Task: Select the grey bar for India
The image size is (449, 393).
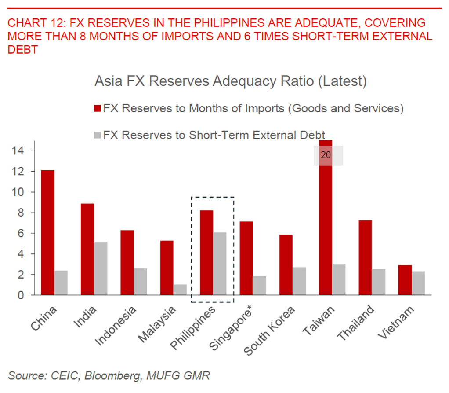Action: coord(101,268)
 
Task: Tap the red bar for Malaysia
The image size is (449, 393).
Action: coord(167,268)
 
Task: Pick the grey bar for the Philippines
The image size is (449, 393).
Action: coord(220,263)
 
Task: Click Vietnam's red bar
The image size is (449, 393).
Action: coord(405,280)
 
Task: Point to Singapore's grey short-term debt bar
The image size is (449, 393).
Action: coord(259,286)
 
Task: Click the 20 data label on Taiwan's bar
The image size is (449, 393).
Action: coord(326,155)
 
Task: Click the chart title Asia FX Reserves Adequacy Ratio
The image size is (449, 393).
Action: coord(230,81)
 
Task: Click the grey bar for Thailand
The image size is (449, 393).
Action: coord(378,282)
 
